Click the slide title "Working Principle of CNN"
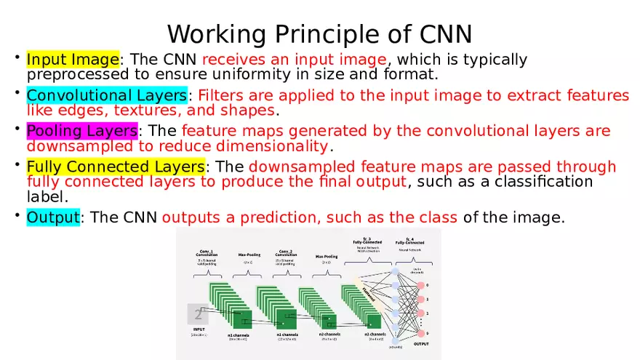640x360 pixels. coord(320,33)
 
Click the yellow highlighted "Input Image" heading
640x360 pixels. coord(73,59)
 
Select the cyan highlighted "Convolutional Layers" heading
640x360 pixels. coord(107,95)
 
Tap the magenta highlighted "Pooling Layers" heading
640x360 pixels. coord(81,131)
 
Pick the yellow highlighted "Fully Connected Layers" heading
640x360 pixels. coord(116,167)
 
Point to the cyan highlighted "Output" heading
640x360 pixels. coord(52,217)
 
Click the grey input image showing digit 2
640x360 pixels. coord(197,314)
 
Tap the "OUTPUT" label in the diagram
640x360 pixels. coord(421,343)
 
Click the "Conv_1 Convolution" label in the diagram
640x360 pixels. coord(207,252)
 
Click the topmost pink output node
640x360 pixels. coord(420,285)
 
